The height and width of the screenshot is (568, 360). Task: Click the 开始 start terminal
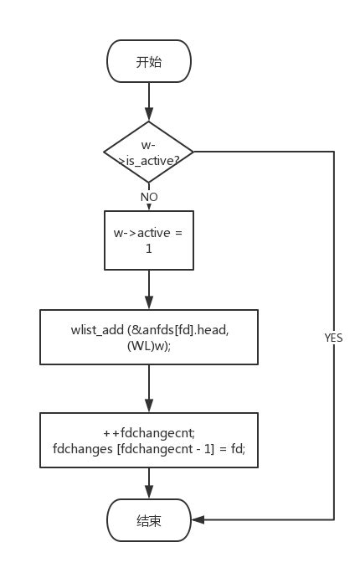tap(149, 62)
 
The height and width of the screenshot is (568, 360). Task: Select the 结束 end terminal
tap(149, 520)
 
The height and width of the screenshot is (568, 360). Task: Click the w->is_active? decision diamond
tap(149, 152)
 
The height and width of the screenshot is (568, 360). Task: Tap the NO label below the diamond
tap(149, 196)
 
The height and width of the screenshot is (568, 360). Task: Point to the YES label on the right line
tap(333, 338)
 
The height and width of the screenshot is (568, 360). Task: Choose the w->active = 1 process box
tap(149, 239)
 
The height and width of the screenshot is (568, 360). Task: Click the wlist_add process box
tap(149, 338)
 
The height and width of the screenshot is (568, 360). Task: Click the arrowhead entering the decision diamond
tap(149, 116)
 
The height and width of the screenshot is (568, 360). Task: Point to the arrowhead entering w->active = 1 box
tap(149, 204)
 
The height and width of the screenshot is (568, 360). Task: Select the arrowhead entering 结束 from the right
tap(198, 520)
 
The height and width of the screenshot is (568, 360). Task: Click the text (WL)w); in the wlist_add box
tap(149, 346)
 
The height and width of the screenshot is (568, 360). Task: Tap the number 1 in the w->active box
tap(149, 248)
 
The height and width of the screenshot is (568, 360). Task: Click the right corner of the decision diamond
tap(193, 152)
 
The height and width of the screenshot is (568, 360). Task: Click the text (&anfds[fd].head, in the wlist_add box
tap(174, 330)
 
